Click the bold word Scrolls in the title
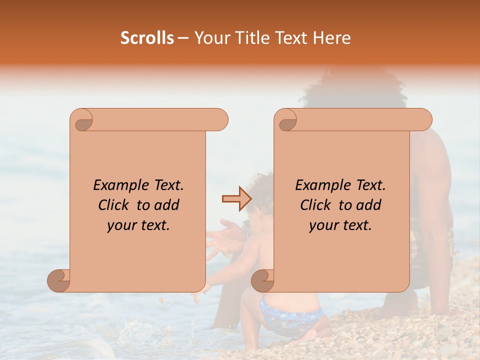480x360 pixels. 147,38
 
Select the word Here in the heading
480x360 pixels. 332,38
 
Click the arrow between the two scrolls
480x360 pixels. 236,198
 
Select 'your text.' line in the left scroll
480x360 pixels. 138,225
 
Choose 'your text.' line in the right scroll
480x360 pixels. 340,225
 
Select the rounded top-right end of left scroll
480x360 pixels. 220,120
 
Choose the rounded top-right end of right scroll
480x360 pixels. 424,120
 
